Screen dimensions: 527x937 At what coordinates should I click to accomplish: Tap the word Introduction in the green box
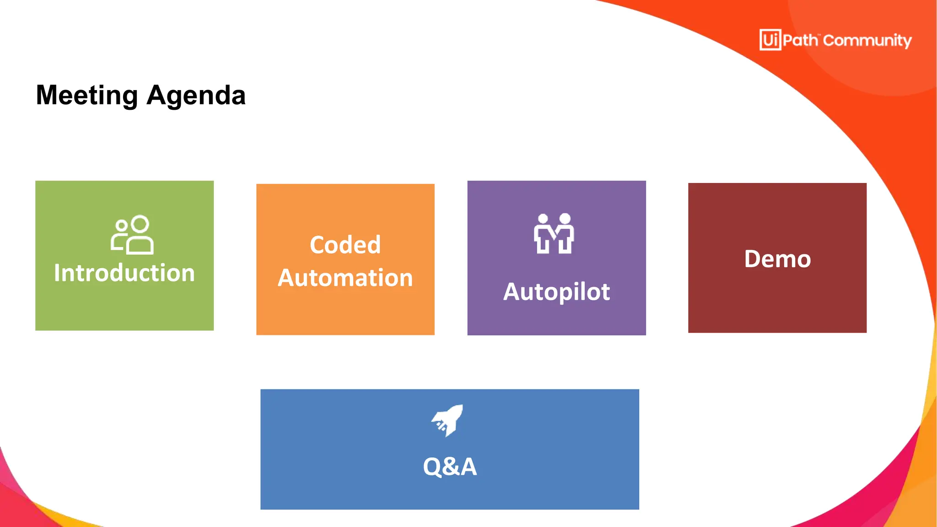coord(124,273)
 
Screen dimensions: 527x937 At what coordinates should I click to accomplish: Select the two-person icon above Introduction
coord(132,235)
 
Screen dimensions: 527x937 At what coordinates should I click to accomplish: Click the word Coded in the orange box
coord(345,245)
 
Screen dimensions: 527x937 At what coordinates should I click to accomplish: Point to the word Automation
coord(345,278)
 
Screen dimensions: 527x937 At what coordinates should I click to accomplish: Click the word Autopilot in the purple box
coord(556,292)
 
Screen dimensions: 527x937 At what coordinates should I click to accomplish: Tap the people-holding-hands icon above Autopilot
coord(554,233)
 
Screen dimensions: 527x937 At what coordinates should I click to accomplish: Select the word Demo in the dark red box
coord(777,259)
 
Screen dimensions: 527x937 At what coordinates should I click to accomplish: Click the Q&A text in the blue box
coord(450,467)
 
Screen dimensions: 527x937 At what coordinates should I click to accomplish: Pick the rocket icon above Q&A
coord(447,420)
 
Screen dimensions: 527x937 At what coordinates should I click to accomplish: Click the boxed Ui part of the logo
coord(770,40)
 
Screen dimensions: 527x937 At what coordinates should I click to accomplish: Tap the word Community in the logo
coord(867,41)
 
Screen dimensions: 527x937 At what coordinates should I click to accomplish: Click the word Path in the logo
coord(800,40)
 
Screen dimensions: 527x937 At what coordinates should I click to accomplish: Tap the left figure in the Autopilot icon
coord(543,233)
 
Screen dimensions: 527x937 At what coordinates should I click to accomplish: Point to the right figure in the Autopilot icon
coord(565,233)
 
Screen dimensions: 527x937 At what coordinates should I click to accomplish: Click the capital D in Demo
coord(753,259)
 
